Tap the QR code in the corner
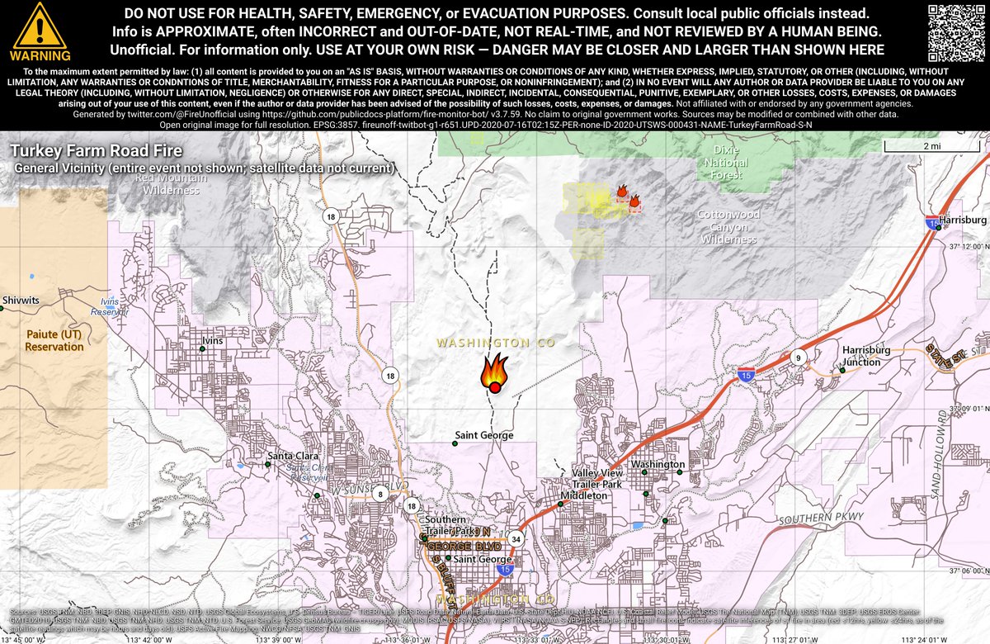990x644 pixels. coord(956,31)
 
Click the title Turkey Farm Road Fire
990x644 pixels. coord(97,152)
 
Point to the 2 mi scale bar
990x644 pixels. coord(931,146)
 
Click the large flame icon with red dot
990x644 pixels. coord(494,373)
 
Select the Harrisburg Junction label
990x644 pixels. coord(866,356)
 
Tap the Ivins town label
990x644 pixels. coord(213,340)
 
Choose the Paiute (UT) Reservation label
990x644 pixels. coord(54,340)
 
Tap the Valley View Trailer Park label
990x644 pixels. coord(596,478)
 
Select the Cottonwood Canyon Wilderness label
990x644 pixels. coord(728,226)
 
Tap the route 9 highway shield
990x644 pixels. coord(799,358)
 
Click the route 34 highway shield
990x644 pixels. coord(516,538)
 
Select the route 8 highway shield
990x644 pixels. coord(380,494)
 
